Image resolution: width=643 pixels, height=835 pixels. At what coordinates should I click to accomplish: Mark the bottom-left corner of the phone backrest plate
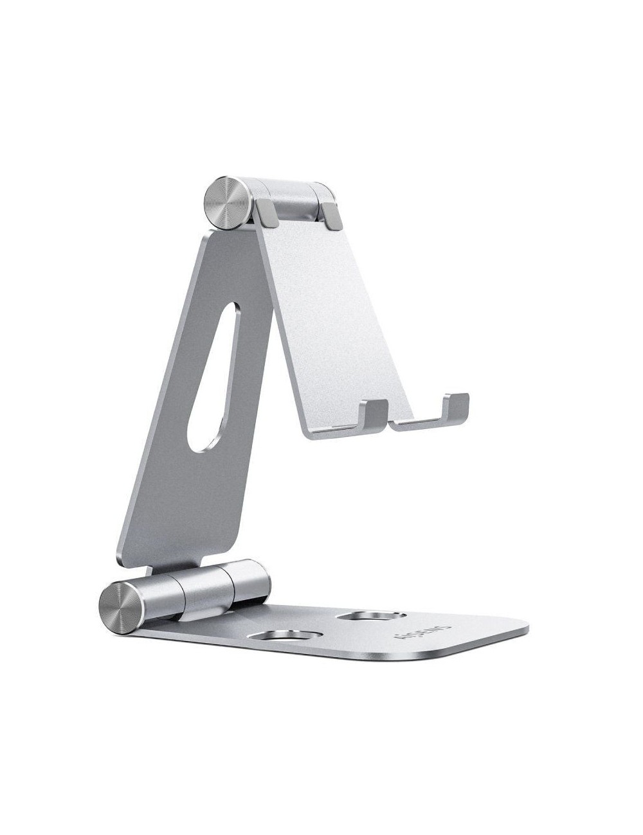click(303, 429)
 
